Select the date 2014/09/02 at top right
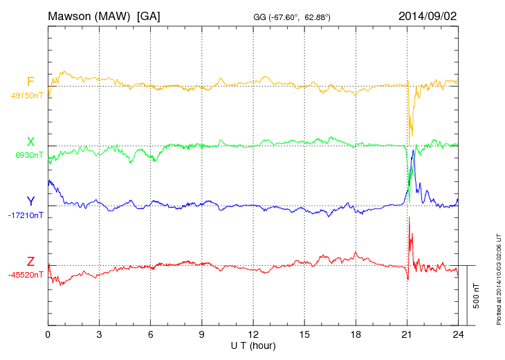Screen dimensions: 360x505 click(x=428, y=16)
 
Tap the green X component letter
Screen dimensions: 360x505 click(x=30, y=142)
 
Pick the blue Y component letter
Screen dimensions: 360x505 click(x=30, y=201)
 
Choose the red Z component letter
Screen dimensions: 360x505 click(x=30, y=261)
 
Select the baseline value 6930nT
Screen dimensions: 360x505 click(x=29, y=155)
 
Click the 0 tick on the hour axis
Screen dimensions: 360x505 click(x=48, y=334)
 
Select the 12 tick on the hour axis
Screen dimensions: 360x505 click(x=253, y=334)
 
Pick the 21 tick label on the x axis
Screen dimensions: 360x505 click(x=407, y=334)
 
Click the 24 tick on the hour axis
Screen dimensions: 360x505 click(x=458, y=334)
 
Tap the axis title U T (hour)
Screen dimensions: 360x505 click(x=253, y=345)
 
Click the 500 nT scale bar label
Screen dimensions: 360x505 click(x=477, y=296)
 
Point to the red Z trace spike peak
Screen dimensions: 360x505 click(x=410, y=217)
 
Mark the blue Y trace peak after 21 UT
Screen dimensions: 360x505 click(x=413, y=150)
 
